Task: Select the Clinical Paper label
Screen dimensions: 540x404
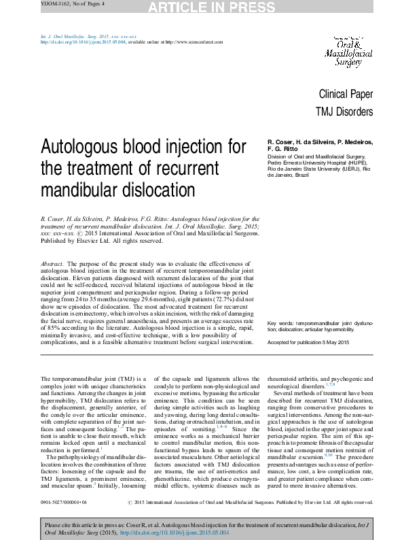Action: coord(346,95)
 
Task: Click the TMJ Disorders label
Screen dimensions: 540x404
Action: coord(344,112)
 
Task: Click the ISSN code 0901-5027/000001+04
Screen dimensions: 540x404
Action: coord(63,503)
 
